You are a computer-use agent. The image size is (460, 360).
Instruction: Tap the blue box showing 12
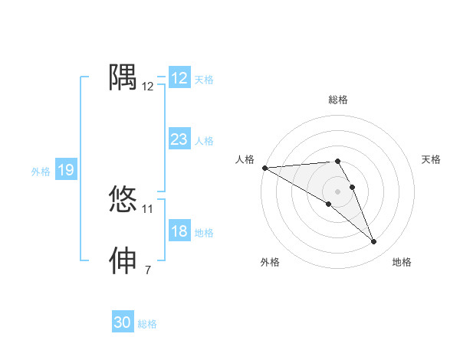tap(179, 78)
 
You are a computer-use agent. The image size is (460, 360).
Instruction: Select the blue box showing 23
tap(179, 139)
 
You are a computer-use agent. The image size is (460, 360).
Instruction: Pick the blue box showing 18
tap(179, 232)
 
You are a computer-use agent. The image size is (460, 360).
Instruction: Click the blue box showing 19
tap(66, 170)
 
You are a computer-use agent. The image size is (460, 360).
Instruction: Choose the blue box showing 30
tap(123, 322)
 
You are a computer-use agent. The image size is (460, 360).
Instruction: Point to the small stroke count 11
tap(148, 208)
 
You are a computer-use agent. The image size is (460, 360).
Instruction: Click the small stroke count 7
tap(148, 270)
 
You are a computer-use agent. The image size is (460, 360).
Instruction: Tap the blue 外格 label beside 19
tap(41, 172)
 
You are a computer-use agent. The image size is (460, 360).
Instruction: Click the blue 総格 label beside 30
tap(147, 324)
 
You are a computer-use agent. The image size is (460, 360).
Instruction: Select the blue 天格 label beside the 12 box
tap(204, 80)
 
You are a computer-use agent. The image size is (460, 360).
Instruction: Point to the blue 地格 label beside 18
tap(204, 233)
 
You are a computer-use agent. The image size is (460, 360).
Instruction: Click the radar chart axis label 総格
tap(337, 100)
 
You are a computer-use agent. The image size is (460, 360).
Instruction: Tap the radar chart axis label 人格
tap(245, 159)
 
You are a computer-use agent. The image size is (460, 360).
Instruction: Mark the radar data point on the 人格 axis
tap(264, 167)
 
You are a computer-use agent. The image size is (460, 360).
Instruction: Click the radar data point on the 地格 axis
tap(374, 242)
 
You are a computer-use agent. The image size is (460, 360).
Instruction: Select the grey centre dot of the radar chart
tap(337, 191)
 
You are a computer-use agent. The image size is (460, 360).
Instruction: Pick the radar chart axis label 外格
tap(270, 262)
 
